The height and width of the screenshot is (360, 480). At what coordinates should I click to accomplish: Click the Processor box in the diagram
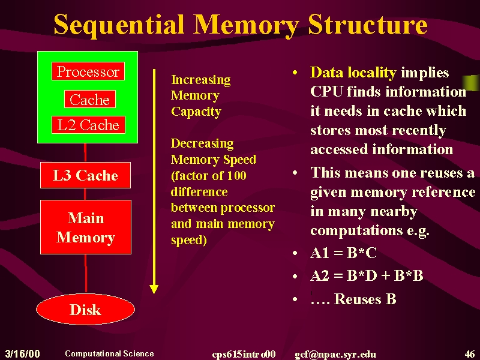pos(88,71)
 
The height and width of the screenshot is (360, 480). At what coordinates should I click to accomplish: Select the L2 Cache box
pos(88,125)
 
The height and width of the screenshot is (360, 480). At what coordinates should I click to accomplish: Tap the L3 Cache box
pos(85,175)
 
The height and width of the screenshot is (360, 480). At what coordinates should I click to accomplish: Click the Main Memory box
pos(86,227)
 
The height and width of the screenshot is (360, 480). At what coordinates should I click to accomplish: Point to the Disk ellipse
pos(85,309)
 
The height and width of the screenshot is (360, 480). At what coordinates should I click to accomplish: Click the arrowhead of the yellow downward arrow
pos(154,289)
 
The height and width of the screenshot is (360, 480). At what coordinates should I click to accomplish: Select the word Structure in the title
pos(368,25)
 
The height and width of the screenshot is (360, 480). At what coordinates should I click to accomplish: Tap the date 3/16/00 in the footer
pos(23,353)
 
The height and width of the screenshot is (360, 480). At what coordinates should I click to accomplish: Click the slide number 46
pos(470,354)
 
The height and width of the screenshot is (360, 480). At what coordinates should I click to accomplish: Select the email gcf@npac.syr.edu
pos(335,355)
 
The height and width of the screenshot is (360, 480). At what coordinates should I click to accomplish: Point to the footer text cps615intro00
pos(244,354)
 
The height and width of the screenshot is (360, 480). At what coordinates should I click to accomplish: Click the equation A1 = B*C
pos(343,253)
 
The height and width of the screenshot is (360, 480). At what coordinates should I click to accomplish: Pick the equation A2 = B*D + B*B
pos(367,275)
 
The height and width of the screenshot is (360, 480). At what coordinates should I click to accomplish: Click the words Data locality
pos(353,73)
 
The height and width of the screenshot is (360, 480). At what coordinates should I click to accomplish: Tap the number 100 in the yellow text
pos(236,175)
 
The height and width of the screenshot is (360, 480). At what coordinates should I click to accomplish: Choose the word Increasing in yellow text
pos(201,80)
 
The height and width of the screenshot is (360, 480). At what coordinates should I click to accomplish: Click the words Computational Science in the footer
pos(109,353)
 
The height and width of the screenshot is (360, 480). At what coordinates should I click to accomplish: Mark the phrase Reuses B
pos(365,299)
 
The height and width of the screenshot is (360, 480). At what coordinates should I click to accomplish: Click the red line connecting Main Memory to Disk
pos(86,274)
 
